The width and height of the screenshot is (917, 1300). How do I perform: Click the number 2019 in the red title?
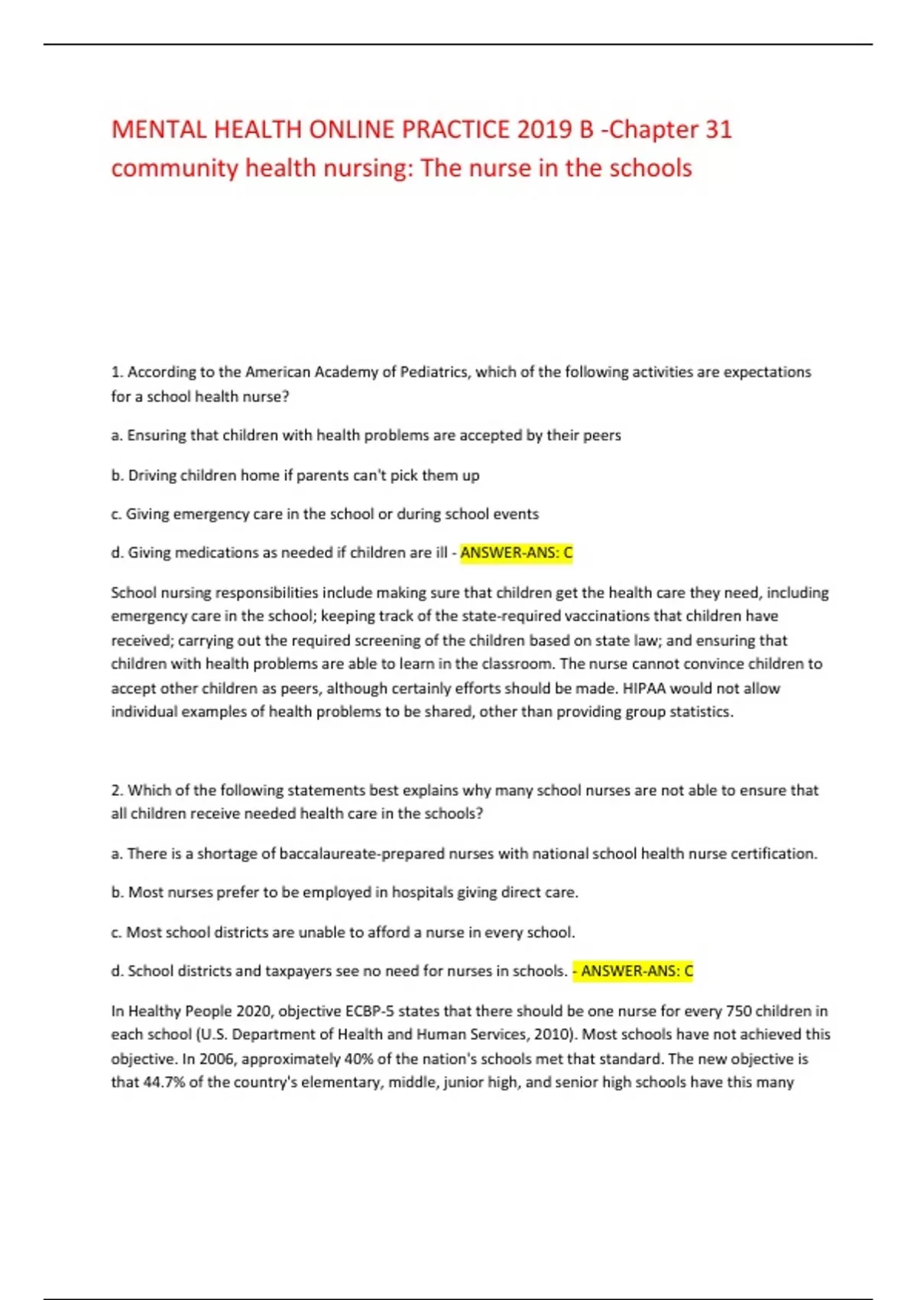tap(544, 129)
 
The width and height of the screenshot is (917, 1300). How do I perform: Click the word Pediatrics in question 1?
tap(436, 372)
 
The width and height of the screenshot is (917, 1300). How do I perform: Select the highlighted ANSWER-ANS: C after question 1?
tap(516, 553)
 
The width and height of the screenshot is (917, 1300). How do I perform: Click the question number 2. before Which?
tap(117, 790)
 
